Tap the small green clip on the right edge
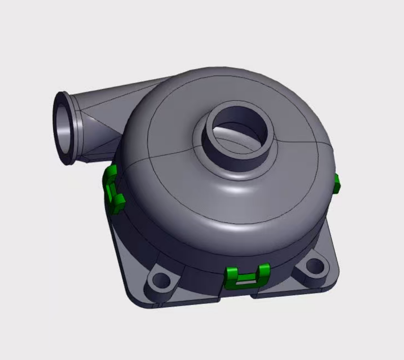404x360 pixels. click(x=336, y=184)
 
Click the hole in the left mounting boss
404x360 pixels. click(x=160, y=280)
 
